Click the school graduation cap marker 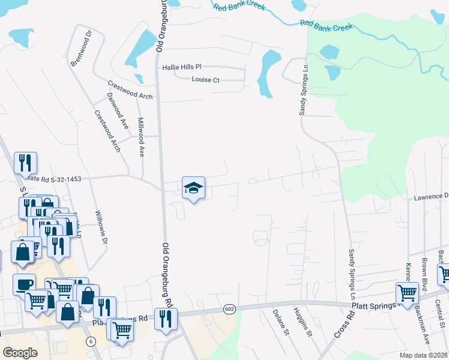[193, 188]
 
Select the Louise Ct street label [206, 80]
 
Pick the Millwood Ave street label [142, 136]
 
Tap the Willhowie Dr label [101, 227]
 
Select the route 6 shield [91, 341]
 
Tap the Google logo [20, 353]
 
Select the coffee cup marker [24, 285]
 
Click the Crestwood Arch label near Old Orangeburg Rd [130, 89]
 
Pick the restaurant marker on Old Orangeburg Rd [166, 319]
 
